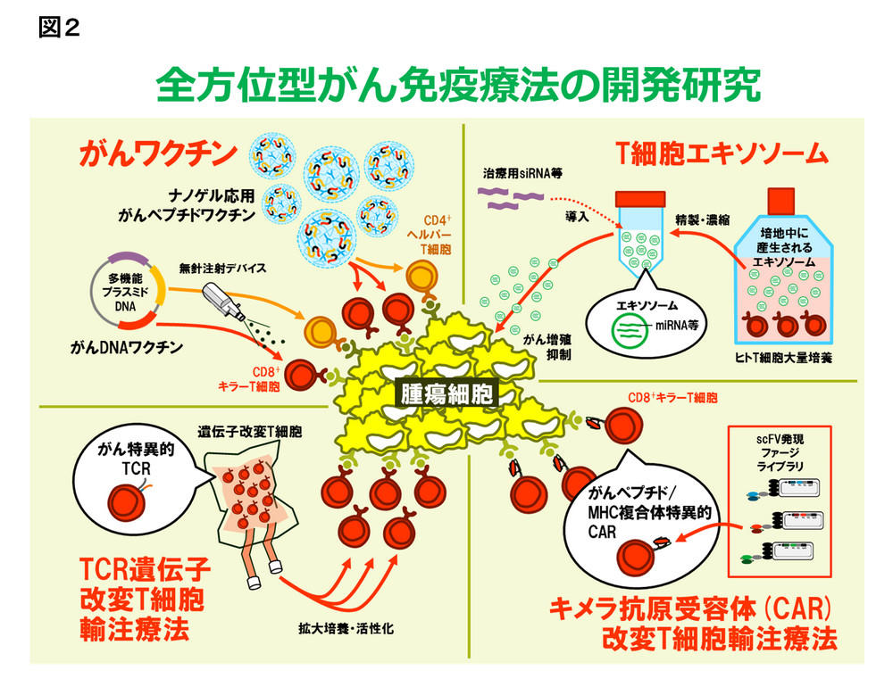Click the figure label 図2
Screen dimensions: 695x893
click(60, 28)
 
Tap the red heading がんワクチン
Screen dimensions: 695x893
click(159, 153)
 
